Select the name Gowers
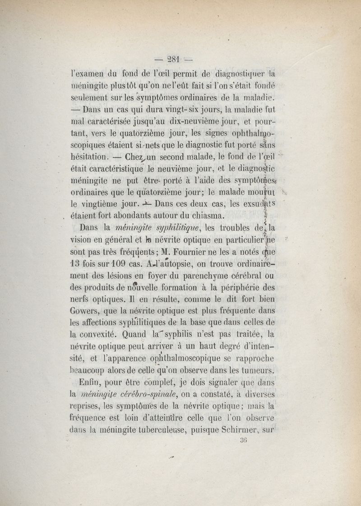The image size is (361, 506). tap(87, 310)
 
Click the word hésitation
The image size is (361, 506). tap(89, 157)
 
